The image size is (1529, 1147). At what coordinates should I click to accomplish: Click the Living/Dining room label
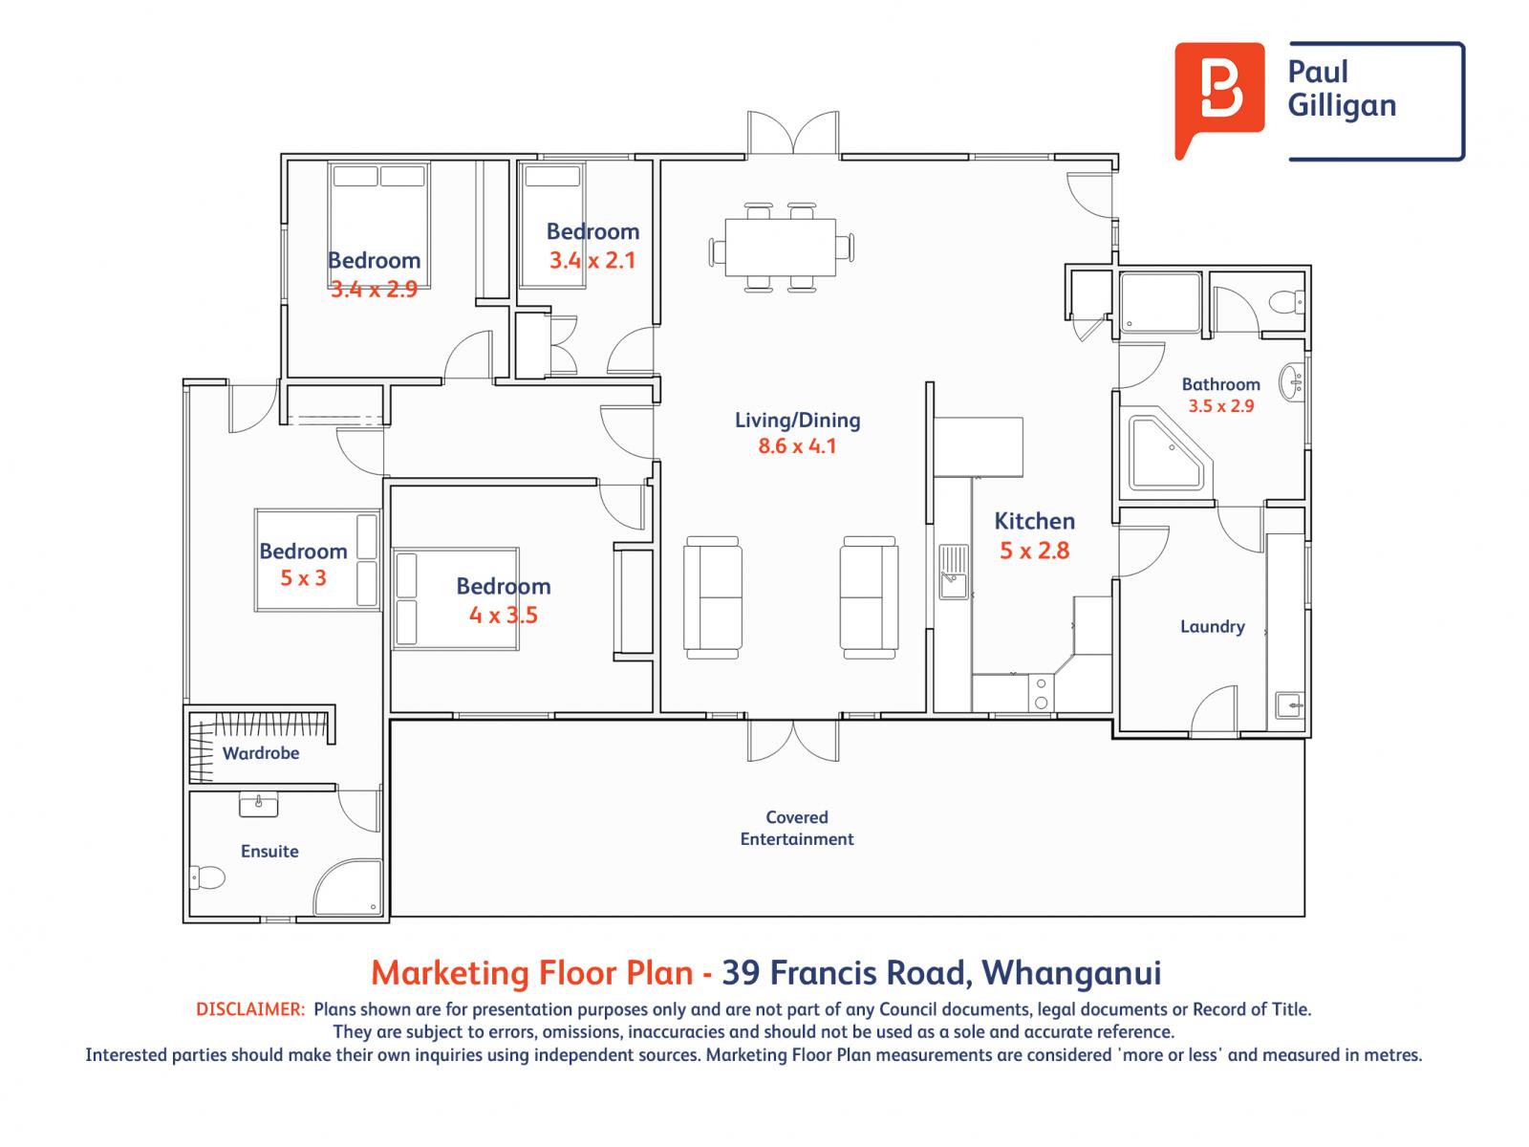pos(797,420)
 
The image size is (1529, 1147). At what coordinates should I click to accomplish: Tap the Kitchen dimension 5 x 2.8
pos(1034,551)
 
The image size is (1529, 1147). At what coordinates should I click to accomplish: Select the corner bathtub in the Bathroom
pos(1167,454)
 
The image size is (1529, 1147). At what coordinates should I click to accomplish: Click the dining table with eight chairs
pos(780,248)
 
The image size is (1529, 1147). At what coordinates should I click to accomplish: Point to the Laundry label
pos(1212,627)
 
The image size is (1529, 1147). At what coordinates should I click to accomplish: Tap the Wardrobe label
pos(261,753)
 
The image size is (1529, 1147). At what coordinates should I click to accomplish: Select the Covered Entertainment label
pos(797,828)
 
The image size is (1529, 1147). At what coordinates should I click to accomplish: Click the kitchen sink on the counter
pos(953,572)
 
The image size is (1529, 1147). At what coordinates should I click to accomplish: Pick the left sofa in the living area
pos(713,596)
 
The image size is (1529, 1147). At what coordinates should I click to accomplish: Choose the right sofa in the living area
pos(869,596)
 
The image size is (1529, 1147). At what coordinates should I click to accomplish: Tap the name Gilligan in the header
pos(1342,105)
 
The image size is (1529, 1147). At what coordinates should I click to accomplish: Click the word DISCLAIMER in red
pos(249,1009)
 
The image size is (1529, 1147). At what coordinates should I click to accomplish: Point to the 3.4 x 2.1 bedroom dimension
pos(592,260)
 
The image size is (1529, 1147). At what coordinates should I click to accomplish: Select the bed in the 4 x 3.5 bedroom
pos(456,599)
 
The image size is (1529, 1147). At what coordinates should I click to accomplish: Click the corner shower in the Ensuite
pos(351,886)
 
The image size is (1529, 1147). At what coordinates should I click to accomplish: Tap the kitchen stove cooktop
pos(1041,694)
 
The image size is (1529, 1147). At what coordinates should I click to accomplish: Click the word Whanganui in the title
pos(1072,972)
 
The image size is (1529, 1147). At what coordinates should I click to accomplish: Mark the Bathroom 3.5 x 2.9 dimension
pos(1220,405)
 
